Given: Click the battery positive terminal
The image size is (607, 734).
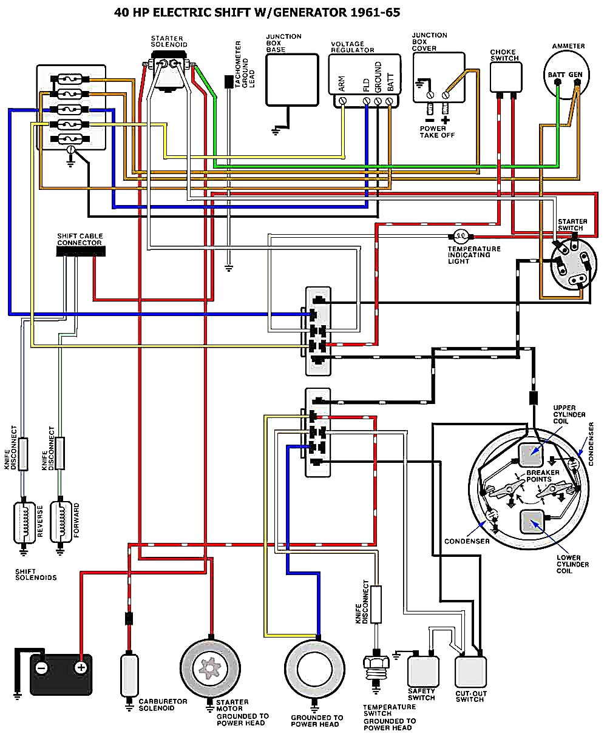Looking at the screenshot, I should [x=80, y=668].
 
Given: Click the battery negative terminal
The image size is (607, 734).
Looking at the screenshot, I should [x=41, y=668].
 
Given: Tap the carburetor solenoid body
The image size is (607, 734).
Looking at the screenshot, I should [x=129, y=674].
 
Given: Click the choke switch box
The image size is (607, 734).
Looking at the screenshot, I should [x=506, y=76].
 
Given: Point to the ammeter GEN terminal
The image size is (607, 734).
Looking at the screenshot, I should [x=576, y=86].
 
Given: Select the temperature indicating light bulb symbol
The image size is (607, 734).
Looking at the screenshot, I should [x=459, y=236].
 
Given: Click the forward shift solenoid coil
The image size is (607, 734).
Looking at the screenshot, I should [x=61, y=521].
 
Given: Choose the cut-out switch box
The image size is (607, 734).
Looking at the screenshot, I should [x=472, y=672].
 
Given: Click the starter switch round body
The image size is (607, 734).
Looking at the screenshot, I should [x=570, y=264].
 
